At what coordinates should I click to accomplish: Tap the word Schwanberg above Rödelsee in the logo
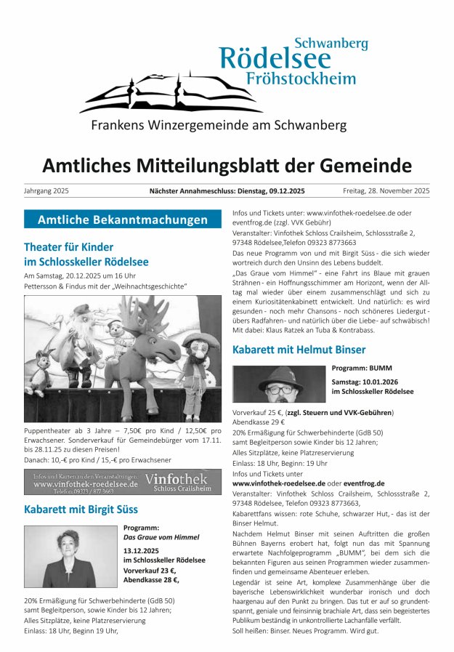[x=331, y=43]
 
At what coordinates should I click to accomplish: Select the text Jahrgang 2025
[x=46, y=191]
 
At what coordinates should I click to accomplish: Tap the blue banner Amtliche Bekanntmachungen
[x=123, y=220]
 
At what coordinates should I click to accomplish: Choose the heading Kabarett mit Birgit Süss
[x=81, y=509]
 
